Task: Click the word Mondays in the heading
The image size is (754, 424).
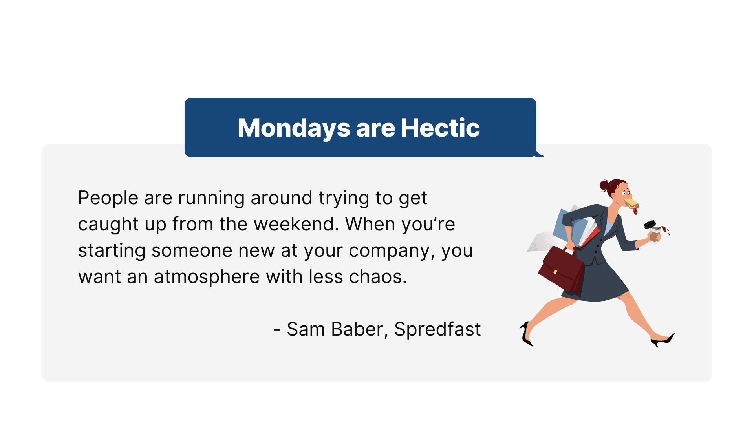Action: (x=294, y=128)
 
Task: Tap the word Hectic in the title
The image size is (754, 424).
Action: (x=440, y=128)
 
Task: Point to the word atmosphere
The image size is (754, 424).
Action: (x=207, y=277)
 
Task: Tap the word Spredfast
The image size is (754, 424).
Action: (x=437, y=329)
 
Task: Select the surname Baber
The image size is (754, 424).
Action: (x=357, y=329)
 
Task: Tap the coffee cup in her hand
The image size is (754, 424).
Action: (x=654, y=235)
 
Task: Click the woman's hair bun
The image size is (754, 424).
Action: (x=604, y=185)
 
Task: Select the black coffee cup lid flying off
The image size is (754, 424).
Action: (x=650, y=224)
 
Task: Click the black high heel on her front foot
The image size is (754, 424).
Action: (x=664, y=340)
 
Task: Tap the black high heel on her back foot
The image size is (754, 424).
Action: (x=526, y=335)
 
